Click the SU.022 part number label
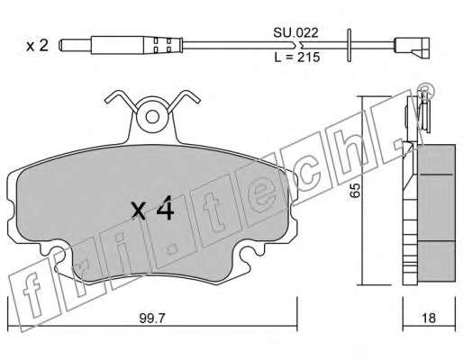tap(295, 32)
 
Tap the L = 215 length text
tap(297, 57)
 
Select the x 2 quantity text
tap(37, 46)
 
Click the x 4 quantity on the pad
tap(152, 208)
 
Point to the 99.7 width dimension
tap(152, 318)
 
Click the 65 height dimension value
tap(355, 190)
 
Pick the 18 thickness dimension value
tap(429, 318)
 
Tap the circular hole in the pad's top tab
tap(152, 117)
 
